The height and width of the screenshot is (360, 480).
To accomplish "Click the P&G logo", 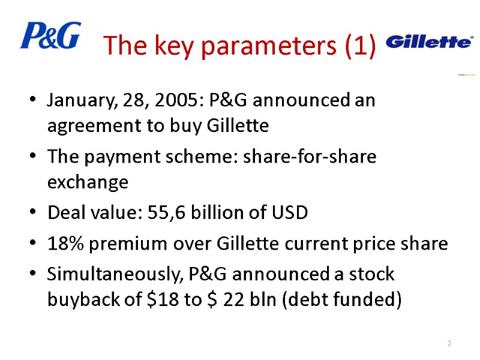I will [50, 35].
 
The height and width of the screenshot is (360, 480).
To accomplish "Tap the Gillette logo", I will [428, 41].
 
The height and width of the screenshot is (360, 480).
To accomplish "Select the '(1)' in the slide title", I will [360, 46].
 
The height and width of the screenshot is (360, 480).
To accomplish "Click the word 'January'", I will [76, 100].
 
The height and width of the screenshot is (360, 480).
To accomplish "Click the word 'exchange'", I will [88, 182].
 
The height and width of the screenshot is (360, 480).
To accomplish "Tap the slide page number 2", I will [449, 343].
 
